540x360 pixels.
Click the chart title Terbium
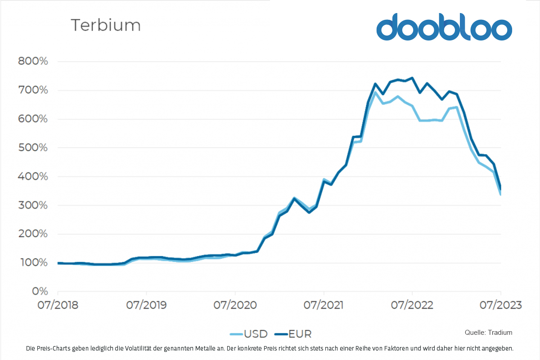pos(106,25)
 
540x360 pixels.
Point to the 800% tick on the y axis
pos(33,62)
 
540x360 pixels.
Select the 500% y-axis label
pos(33,148)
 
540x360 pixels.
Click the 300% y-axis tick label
pos(33,206)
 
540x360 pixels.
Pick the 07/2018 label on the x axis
pos(58,305)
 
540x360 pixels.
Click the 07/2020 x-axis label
pos(235,305)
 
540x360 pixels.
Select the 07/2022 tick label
pos(412,305)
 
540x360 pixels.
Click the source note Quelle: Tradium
pos(488,333)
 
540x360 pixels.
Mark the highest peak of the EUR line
pos(412,78)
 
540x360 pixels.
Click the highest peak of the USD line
pos(375,92)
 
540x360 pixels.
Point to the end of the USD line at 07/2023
pos(500,194)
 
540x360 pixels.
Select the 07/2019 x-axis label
pos(147,305)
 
